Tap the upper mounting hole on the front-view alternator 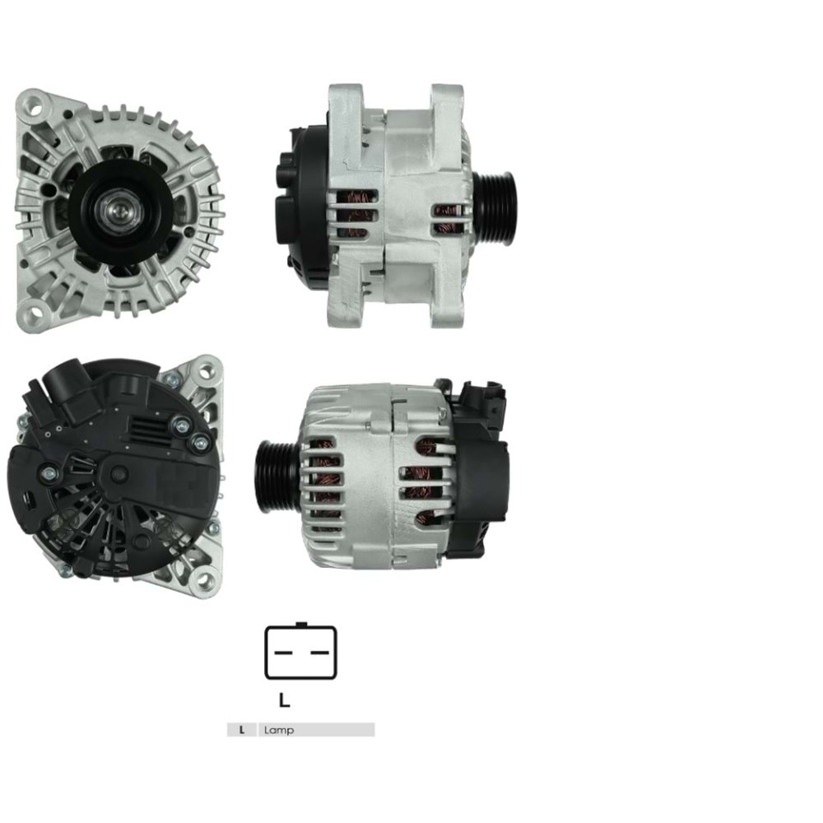pyautogui.click(x=33, y=105)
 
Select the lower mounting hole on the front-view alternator pyautogui.click(x=33, y=313)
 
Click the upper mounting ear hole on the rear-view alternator pyautogui.click(x=205, y=371)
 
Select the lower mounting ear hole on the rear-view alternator pyautogui.click(x=203, y=581)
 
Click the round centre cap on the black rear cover pyautogui.click(x=119, y=473)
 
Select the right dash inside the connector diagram pyautogui.click(x=319, y=652)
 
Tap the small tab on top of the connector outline pyautogui.click(x=300, y=625)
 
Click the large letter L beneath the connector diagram pyautogui.click(x=284, y=700)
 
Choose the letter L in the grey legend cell pyautogui.click(x=241, y=730)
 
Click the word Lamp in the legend pyautogui.click(x=279, y=730)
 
